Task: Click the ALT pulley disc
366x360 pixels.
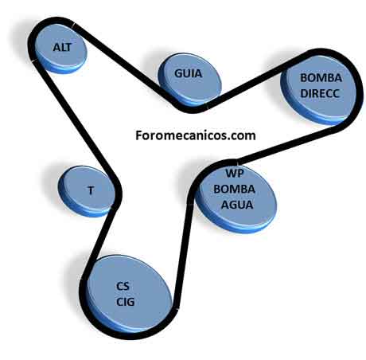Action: click(60, 49)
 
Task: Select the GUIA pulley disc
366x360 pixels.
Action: click(190, 78)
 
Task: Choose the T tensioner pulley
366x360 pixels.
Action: click(87, 191)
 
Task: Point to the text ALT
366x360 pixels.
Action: click(62, 48)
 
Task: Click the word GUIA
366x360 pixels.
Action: click(188, 73)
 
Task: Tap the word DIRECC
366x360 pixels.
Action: click(320, 93)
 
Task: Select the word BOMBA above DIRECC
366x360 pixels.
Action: click(321, 78)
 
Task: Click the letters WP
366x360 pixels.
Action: click(235, 173)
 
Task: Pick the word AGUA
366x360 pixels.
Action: click(237, 205)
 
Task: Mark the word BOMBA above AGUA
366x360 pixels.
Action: click(235, 189)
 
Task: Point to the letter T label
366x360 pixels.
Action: click(91, 190)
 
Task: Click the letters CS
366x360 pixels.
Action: click(123, 286)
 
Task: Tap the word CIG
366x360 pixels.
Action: click(126, 302)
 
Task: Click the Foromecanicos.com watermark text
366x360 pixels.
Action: click(196, 135)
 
